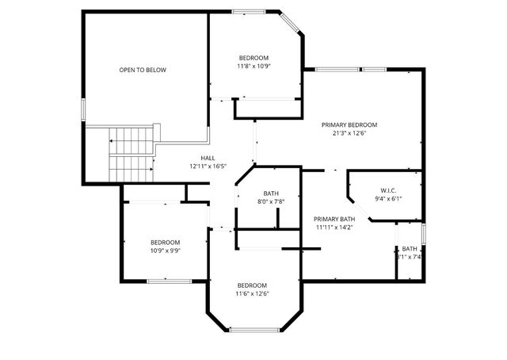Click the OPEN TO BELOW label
pos(143,70)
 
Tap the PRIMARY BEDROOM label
pos(349,124)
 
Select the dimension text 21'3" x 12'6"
pos(349,133)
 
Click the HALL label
pos(208,158)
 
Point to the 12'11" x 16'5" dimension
pos(208,167)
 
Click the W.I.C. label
pos(388,190)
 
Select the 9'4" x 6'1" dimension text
pos(388,199)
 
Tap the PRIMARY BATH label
pos(334,219)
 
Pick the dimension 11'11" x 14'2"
pos(334,228)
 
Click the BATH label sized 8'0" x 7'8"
pos(271,193)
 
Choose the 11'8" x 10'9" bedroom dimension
pos(254,67)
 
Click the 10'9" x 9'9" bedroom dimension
pos(166,251)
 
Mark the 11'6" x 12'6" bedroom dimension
pos(252,293)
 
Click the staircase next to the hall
pos(131,155)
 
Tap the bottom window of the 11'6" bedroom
pos(253,330)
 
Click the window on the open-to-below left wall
pos(83,109)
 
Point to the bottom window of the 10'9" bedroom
pos(166,281)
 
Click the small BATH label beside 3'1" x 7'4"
pos(409,248)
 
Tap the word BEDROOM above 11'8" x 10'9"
pos(254,58)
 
